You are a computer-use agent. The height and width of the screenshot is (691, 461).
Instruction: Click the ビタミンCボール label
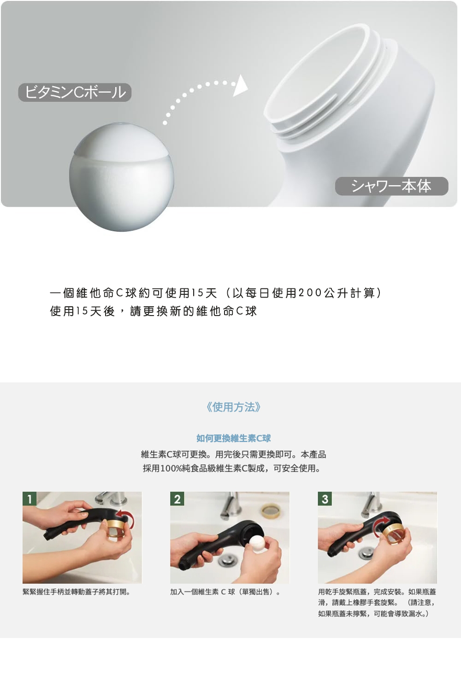[x=75, y=92]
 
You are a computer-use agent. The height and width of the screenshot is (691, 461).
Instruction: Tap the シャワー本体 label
[x=391, y=186]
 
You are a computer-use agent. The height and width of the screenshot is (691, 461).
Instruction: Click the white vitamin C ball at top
[x=121, y=177]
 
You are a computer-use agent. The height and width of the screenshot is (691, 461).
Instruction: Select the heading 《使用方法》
[x=233, y=407]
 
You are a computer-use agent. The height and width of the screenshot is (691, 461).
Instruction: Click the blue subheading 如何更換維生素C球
[x=233, y=438]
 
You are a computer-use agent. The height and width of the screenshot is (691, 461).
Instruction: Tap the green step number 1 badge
[x=30, y=499]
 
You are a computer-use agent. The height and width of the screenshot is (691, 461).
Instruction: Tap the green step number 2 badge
[x=177, y=499]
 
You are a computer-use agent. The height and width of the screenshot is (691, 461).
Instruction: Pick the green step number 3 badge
[x=325, y=499]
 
